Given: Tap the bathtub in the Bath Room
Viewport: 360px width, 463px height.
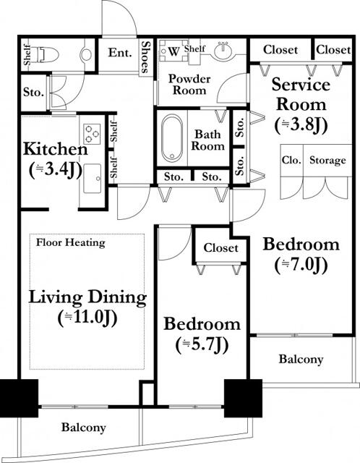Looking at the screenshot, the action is [172, 138].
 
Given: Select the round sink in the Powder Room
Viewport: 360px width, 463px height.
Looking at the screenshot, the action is [223, 50].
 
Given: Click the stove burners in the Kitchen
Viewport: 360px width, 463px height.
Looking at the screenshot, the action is [92, 134].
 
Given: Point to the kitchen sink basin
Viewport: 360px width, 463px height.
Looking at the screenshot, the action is [92, 179].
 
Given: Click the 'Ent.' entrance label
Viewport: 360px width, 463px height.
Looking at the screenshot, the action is [120, 53].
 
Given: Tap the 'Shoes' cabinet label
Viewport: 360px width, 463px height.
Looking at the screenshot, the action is [145, 56].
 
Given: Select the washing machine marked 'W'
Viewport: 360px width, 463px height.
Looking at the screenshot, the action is [173, 51].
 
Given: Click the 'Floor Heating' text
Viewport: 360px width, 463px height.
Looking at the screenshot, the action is [71, 243].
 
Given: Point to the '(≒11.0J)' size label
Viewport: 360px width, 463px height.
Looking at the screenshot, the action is [87, 318].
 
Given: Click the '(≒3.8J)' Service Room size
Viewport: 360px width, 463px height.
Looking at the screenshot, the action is [301, 125].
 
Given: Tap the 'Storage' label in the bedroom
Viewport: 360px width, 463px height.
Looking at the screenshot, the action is [327, 161].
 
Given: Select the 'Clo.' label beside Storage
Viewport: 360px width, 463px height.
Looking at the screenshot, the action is [291, 160].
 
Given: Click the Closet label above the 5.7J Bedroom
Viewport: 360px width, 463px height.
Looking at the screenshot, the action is [220, 247].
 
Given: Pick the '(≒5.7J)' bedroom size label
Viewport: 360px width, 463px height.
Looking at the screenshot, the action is [202, 344].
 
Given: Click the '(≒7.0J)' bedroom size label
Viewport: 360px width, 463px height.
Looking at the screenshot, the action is [301, 265].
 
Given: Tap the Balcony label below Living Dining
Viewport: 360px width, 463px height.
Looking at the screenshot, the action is [84, 428].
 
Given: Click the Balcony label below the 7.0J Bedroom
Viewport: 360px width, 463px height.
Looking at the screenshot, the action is [301, 359].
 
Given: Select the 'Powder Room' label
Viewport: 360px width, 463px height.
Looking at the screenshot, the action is [189, 85].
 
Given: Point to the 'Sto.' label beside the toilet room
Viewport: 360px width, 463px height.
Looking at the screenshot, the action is [33, 93].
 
